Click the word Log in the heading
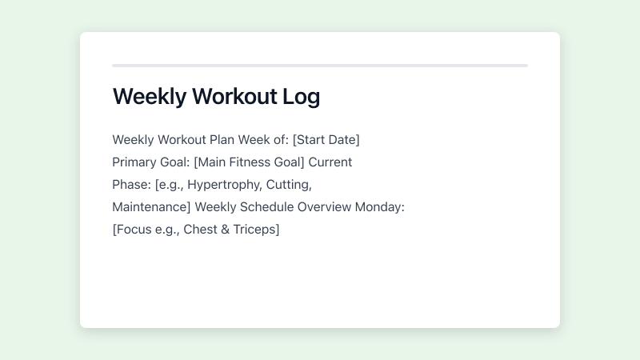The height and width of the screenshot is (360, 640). (x=301, y=97)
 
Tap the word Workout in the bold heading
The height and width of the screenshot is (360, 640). (x=233, y=97)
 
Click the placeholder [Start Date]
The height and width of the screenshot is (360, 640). (x=326, y=140)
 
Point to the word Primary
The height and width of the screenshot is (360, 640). (x=134, y=162)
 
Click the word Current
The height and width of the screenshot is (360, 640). (x=330, y=162)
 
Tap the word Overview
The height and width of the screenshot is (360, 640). (x=324, y=207)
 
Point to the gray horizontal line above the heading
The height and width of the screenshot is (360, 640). (x=320, y=66)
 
